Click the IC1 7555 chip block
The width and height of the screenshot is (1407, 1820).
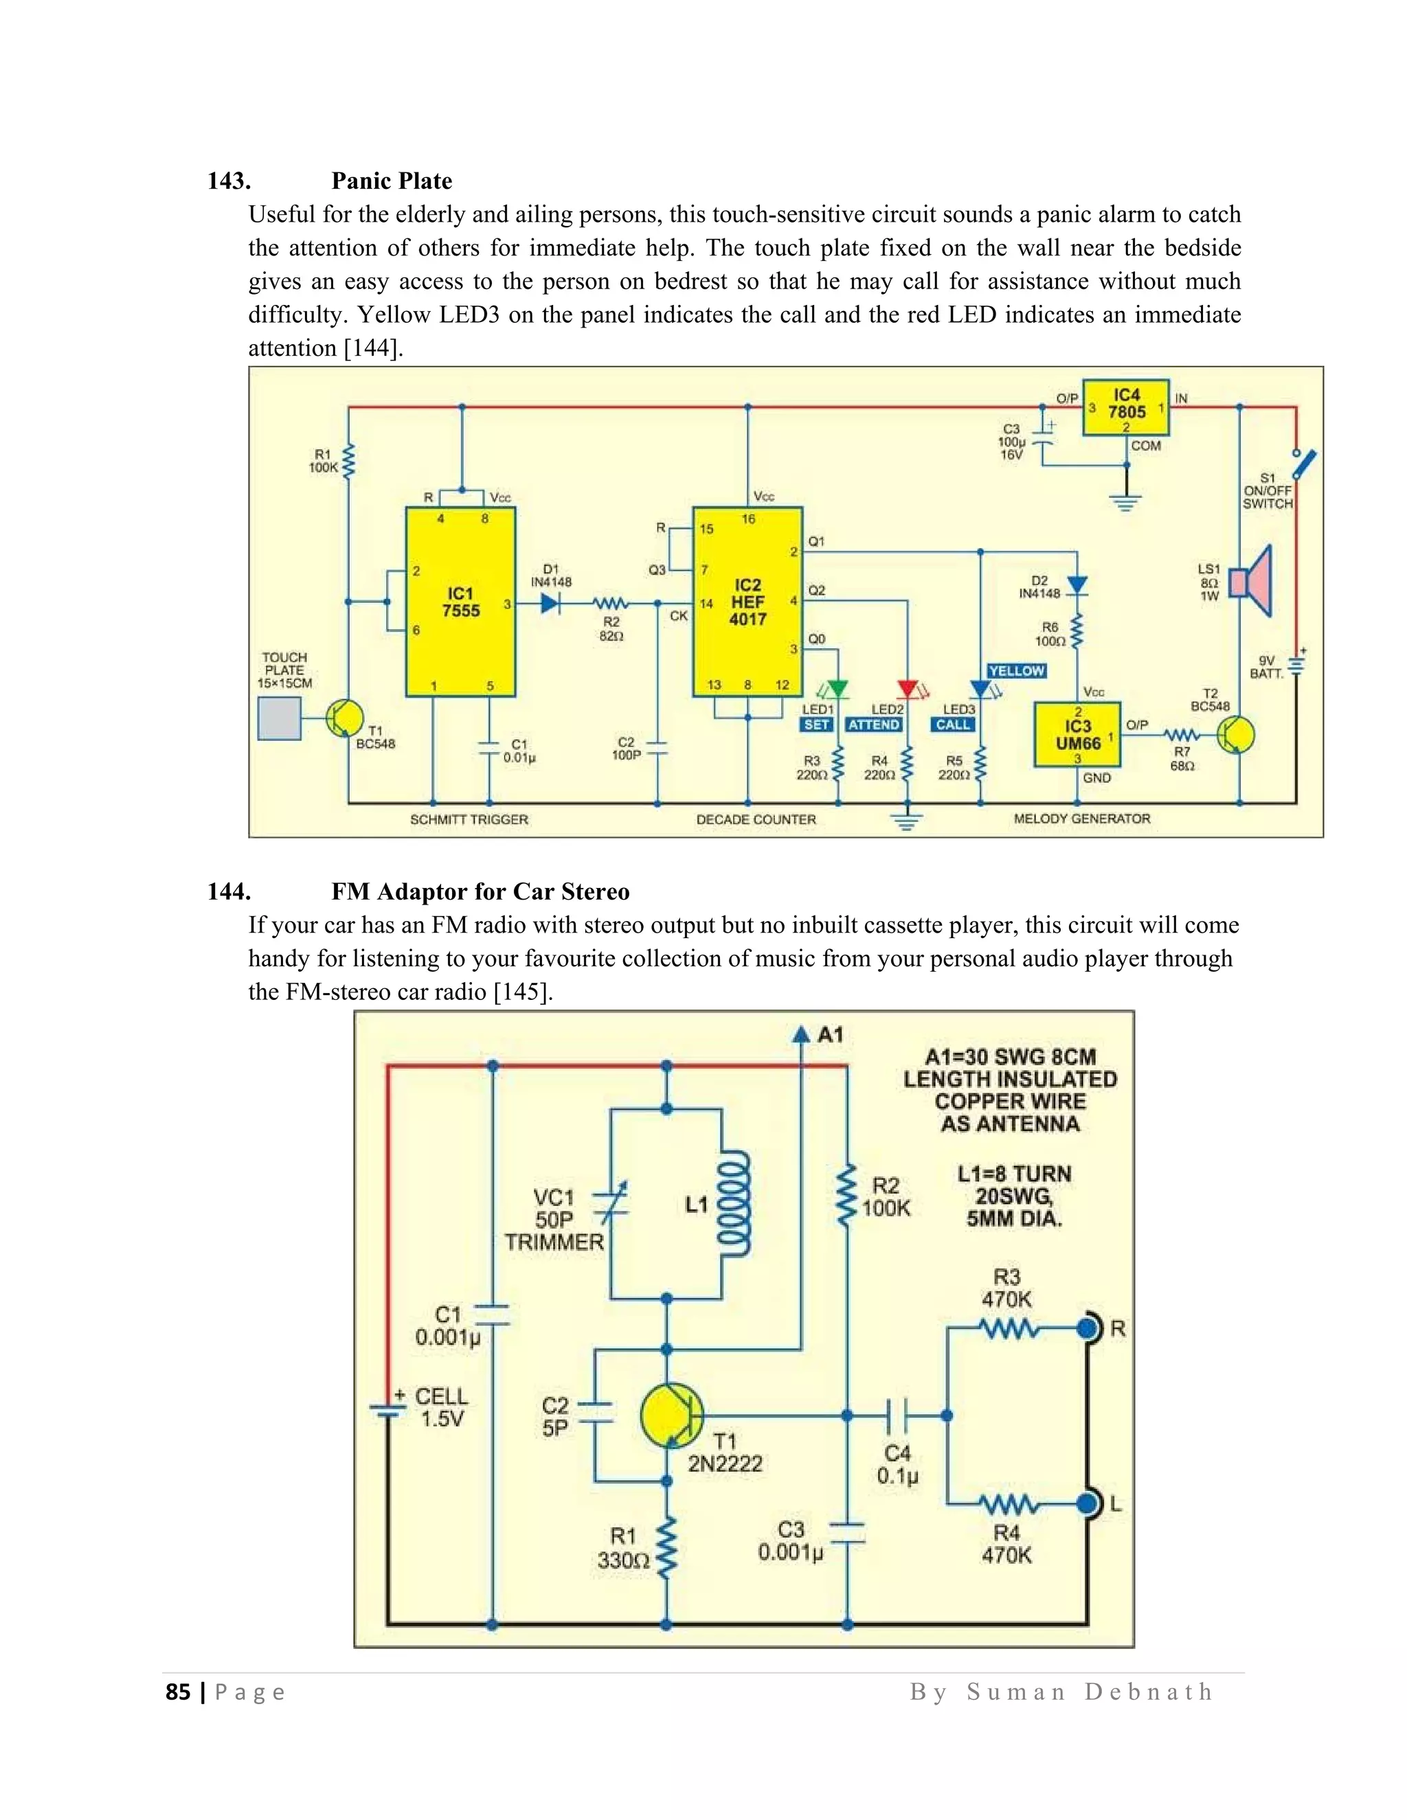[x=460, y=602]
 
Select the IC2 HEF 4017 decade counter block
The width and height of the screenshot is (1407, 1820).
[x=747, y=602]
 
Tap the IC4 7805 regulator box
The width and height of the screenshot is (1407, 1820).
[x=1125, y=407]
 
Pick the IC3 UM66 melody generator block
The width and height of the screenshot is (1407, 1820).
[x=1077, y=735]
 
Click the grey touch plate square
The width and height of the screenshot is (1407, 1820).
[x=279, y=718]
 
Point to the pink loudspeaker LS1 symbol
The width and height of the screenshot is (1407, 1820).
[x=1253, y=582]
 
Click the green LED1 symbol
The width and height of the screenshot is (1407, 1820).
[x=837, y=689]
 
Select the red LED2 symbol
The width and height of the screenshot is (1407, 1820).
[x=907, y=689]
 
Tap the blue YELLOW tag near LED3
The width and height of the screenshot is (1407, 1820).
[x=1016, y=671]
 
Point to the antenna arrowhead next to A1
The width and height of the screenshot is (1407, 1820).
[x=801, y=1035]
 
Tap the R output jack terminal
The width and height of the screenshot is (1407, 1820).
[x=1088, y=1328]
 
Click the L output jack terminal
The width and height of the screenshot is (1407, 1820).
[x=1088, y=1503]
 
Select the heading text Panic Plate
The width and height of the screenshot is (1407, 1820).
[x=392, y=181]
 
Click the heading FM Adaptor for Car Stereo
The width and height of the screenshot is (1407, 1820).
[x=480, y=891]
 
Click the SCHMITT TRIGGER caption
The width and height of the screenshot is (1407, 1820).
[x=469, y=820]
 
